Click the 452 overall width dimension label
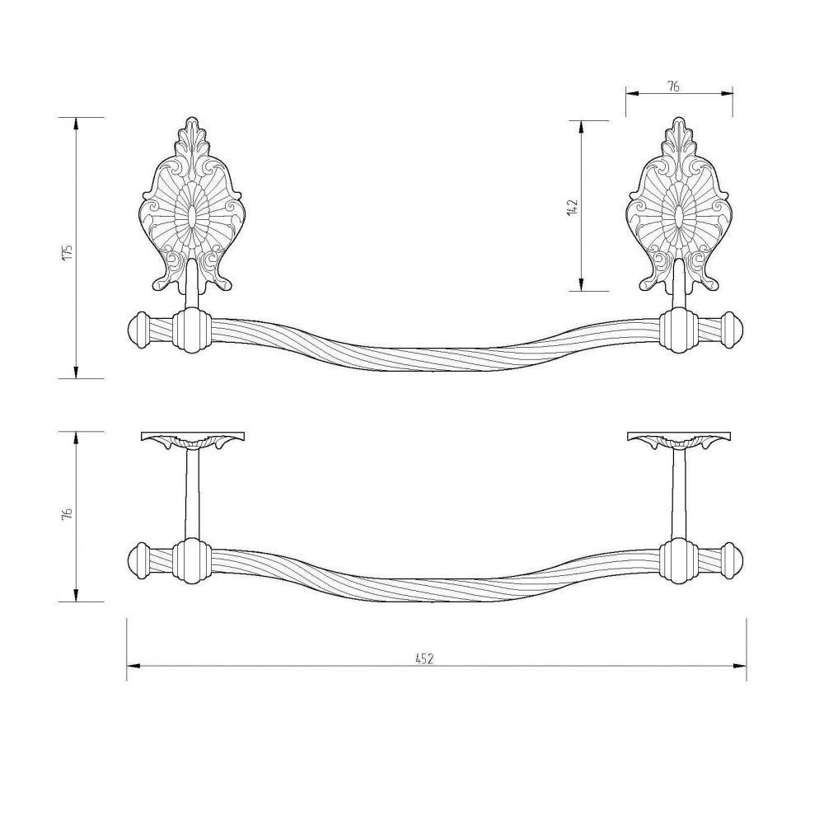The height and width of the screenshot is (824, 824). tap(424, 658)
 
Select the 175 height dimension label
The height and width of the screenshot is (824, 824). tap(67, 252)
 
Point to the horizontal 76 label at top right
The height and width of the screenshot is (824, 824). tap(673, 87)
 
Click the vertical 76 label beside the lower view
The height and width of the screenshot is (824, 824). tap(67, 513)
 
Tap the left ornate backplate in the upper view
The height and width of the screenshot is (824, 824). tap(192, 205)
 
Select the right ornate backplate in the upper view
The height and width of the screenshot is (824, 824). tap(681, 205)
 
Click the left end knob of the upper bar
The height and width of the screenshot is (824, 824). tap(139, 330)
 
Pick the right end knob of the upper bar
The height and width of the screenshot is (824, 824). tap(731, 330)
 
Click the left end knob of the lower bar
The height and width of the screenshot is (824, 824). tap(139, 562)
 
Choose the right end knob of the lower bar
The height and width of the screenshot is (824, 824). tap(731, 562)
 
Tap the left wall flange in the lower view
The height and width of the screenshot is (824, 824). tap(193, 440)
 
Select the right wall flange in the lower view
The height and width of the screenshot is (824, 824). tap(680, 440)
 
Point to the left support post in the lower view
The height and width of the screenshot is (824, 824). tap(192, 494)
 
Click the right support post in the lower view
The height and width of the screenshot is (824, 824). tap(680, 494)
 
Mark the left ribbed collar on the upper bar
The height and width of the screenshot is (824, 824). tap(192, 330)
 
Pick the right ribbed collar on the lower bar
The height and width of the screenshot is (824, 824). tap(679, 562)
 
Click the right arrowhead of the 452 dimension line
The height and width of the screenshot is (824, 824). tap(740, 667)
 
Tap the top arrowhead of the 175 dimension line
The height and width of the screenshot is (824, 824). tap(77, 124)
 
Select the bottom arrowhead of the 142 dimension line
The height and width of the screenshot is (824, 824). tap(581, 283)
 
